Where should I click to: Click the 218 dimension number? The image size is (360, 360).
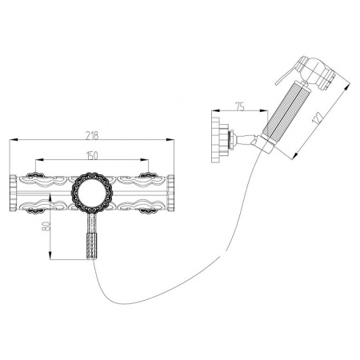[92, 135]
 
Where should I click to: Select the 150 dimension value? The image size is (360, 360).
[92, 155]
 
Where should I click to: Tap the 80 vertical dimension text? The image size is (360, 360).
[46, 226]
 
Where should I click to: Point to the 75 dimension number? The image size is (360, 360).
[240, 106]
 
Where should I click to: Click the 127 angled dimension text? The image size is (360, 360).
[318, 118]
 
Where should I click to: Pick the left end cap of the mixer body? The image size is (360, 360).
[13, 193]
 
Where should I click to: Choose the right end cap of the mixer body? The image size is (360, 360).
[170, 193]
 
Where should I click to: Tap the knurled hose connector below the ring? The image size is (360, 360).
[92, 246]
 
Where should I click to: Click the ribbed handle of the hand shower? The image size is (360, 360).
[285, 110]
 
